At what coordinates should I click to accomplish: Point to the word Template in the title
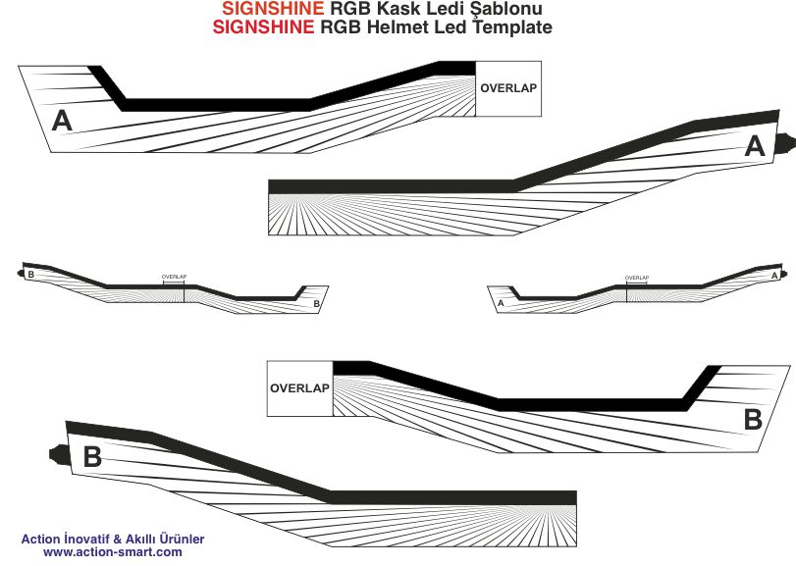click(x=512, y=27)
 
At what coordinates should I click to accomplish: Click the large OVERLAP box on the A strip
click(x=507, y=87)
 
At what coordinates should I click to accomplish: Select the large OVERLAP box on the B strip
click(x=299, y=387)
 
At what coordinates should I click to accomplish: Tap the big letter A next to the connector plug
click(x=754, y=146)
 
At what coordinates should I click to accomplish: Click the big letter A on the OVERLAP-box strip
click(x=62, y=121)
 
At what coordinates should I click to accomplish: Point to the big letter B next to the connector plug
click(x=92, y=456)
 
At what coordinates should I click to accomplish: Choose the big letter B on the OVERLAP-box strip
click(x=752, y=420)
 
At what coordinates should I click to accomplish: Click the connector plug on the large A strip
click(x=784, y=140)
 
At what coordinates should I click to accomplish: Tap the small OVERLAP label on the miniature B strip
click(x=174, y=278)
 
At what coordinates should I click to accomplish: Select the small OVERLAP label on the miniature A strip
click(x=637, y=278)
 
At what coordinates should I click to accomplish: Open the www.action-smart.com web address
click(x=112, y=553)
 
